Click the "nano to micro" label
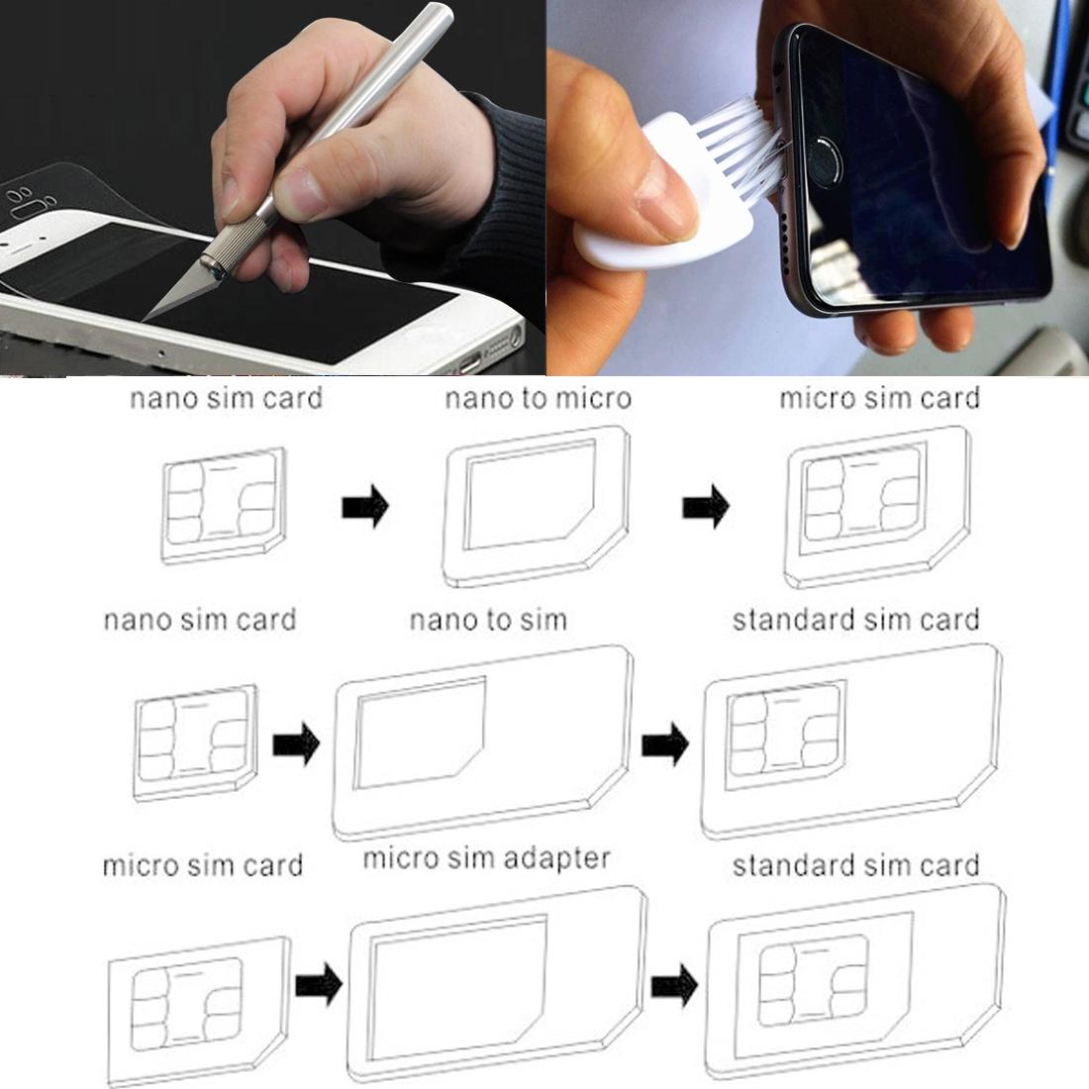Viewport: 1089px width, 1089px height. [537, 399]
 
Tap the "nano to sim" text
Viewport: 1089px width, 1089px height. [488, 621]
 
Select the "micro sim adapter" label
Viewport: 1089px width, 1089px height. [486, 857]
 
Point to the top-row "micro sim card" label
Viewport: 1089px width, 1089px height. [879, 398]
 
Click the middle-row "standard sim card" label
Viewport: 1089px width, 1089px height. [855, 621]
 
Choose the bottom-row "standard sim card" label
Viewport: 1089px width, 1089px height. [855, 865]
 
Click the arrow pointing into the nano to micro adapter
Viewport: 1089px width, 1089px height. [364, 508]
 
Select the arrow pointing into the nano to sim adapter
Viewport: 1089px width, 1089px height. [295, 743]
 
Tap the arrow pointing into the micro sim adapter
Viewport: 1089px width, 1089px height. [319, 985]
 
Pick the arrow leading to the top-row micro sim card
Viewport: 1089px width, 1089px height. [705, 508]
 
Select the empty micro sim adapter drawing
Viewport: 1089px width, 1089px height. [497, 985]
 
